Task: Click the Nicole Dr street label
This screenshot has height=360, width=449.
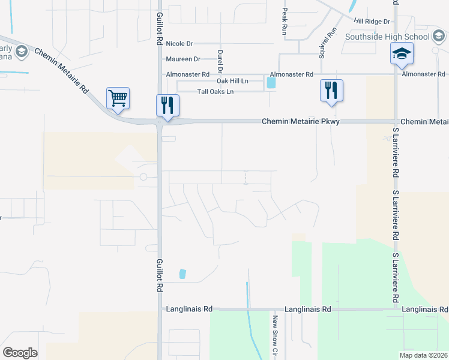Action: (179, 44)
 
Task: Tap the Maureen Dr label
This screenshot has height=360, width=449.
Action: (182, 59)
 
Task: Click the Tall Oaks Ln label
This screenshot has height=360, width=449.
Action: (215, 92)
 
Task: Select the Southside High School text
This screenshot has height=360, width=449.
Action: (387, 37)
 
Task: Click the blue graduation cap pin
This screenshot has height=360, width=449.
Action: (401, 54)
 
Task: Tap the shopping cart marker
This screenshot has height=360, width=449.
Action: (118, 98)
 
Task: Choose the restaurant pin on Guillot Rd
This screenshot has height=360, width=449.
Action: (167, 106)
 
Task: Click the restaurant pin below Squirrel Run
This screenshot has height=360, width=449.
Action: (331, 91)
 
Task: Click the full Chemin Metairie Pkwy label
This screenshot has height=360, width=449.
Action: (301, 122)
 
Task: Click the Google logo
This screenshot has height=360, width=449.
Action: (20, 353)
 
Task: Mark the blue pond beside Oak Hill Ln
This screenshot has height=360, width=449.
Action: (271, 83)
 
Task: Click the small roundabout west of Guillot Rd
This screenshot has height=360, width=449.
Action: (143, 177)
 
